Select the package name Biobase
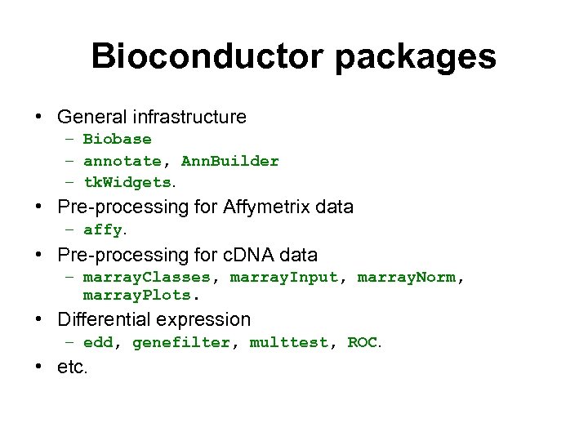(118, 139)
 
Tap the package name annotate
(122, 161)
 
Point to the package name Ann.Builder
(230, 161)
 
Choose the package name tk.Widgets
(127, 182)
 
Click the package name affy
(103, 229)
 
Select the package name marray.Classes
(147, 277)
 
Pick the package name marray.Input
(284, 277)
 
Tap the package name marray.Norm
(407, 277)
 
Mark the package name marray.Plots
(136, 295)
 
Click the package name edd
(98, 342)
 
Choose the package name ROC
(363, 342)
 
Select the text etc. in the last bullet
(72, 367)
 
